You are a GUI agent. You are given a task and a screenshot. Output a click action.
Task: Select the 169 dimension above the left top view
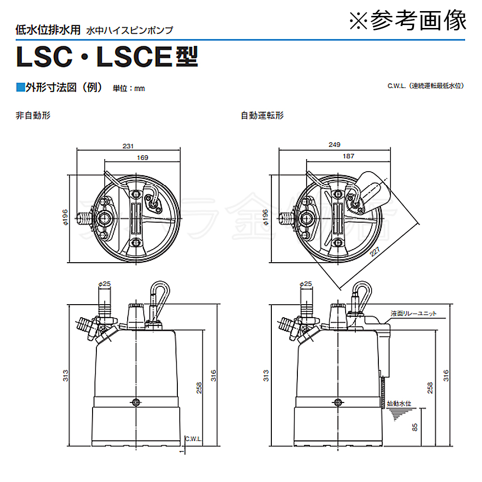click(x=143, y=157)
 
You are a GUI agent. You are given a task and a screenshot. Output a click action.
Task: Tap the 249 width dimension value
click(x=334, y=145)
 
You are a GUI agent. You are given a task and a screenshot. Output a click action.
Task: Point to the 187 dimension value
click(x=349, y=156)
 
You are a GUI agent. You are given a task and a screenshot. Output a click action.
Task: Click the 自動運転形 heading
click(x=262, y=116)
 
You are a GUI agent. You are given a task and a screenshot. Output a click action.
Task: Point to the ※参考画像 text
click(x=408, y=20)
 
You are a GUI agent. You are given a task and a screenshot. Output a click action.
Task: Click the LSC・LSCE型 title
click(x=107, y=57)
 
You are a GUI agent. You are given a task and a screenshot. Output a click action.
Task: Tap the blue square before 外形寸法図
click(x=20, y=87)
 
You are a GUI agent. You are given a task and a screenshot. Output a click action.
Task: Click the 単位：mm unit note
click(x=129, y=88)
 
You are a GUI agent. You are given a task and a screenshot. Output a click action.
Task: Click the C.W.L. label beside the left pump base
click(x=193, y=439)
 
